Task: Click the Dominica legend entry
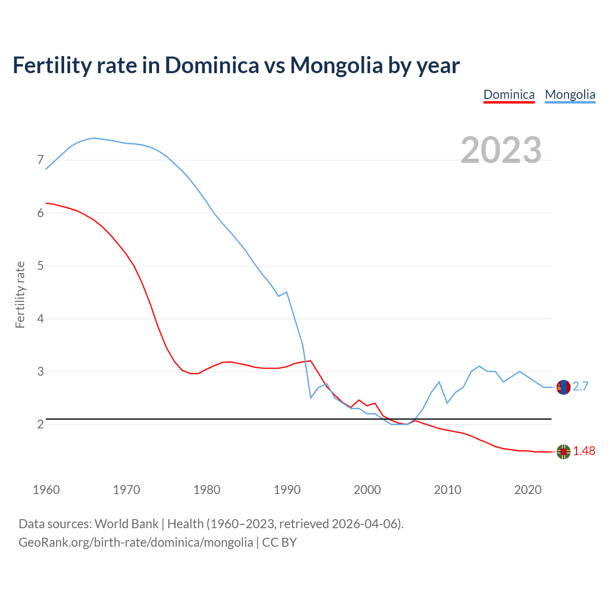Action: (509, 95)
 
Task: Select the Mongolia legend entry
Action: (570, 95)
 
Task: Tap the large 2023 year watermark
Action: (501, 150)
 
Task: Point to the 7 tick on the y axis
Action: (40, 160)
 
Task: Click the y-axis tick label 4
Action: (40, 319)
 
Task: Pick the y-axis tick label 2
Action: (40, 424)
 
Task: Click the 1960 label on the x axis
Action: (46, 490)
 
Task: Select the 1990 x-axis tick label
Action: (287, 490)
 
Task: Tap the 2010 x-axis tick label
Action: (447, 490)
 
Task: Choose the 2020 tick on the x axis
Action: (528, 490)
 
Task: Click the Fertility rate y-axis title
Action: (20, 294)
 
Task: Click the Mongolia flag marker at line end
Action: (563, 387)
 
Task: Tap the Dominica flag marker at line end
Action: (563, 452)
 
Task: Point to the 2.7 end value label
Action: (580, 387)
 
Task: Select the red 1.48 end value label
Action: (584, 451)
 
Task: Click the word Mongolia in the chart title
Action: (336, 65)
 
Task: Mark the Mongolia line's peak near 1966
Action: (94, 138)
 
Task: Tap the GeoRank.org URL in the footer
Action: (136, 542)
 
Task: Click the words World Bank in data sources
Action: (126, 524)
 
